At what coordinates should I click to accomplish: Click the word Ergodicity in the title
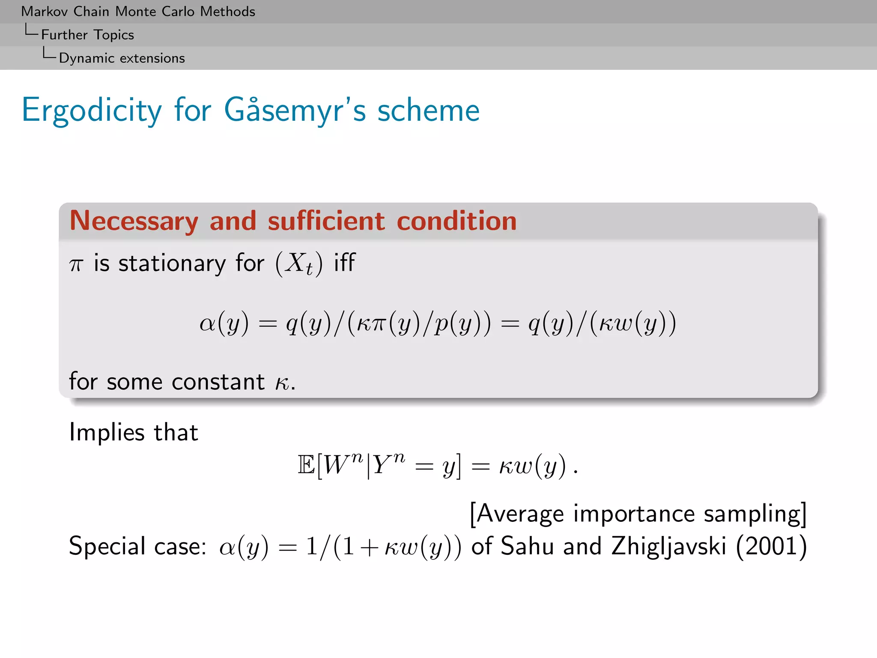coord(92,111)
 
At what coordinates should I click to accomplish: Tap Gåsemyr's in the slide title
coord(295,111)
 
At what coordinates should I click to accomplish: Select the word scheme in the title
coord(428,111)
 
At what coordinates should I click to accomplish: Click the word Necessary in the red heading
coord(134,221)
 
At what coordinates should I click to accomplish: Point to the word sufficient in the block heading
coord(326,221)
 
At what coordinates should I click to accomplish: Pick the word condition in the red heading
coord(456,221)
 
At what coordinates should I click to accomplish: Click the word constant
coord(218,381)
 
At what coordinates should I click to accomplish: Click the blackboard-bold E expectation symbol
coord(306,465)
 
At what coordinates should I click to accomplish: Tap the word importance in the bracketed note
coord(634,514)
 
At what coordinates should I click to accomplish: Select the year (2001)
coord(771,546)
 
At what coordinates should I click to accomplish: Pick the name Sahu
coord(527,546)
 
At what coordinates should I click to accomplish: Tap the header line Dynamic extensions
coord(122,58)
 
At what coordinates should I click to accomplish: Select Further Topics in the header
coord(87,35)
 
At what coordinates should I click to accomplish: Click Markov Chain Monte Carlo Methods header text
coord(138,12)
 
